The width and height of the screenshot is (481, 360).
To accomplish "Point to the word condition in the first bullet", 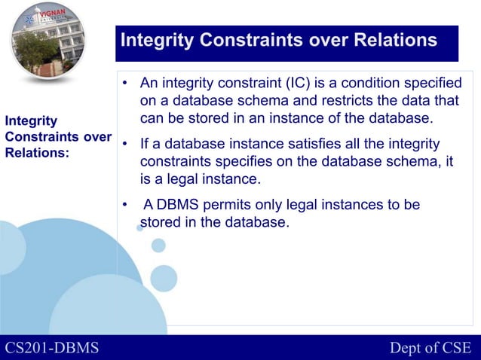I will pos(371,82).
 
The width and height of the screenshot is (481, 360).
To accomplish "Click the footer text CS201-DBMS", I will pos(52,347).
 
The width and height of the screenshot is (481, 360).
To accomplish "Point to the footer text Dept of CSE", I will pos(430,347).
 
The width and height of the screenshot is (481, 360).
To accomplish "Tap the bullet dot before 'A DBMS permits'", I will pos(124,205).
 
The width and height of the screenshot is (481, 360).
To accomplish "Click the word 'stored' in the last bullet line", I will pos(161,222).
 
